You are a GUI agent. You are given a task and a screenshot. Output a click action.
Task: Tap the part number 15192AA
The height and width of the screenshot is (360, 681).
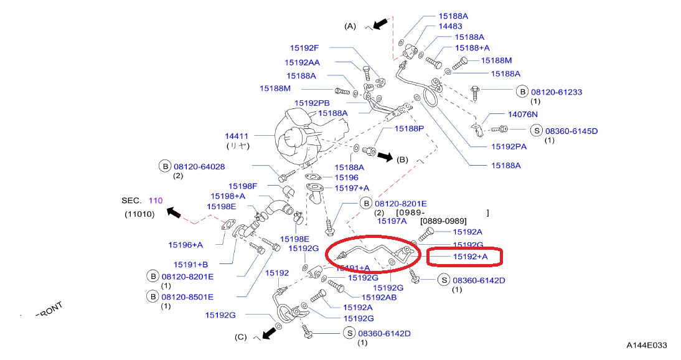click(303, 62)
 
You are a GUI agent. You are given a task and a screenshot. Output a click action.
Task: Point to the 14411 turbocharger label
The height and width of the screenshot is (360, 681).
click(237, 135)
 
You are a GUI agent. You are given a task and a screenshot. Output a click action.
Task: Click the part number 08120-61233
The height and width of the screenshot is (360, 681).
click(557, 92)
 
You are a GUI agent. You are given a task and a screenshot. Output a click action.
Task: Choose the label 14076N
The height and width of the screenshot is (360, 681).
click(523, 115)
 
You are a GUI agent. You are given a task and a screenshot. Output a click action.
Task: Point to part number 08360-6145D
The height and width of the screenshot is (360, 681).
click(571, 131)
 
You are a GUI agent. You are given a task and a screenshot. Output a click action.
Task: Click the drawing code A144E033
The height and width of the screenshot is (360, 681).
click(647, 344)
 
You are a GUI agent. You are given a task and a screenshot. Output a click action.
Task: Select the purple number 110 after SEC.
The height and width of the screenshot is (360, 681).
click(155, 201)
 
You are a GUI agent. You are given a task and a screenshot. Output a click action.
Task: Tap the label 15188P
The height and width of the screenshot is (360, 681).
click(409, 128)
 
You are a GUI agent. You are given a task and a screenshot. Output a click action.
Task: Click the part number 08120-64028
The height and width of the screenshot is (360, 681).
click(199, 166)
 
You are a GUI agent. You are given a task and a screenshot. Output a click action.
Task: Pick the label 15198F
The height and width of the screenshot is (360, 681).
click(243, 186)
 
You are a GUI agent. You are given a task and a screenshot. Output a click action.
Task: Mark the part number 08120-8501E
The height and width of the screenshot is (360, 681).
click(187, 297)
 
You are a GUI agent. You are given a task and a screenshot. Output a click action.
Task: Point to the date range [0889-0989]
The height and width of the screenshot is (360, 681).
click(443, 221)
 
